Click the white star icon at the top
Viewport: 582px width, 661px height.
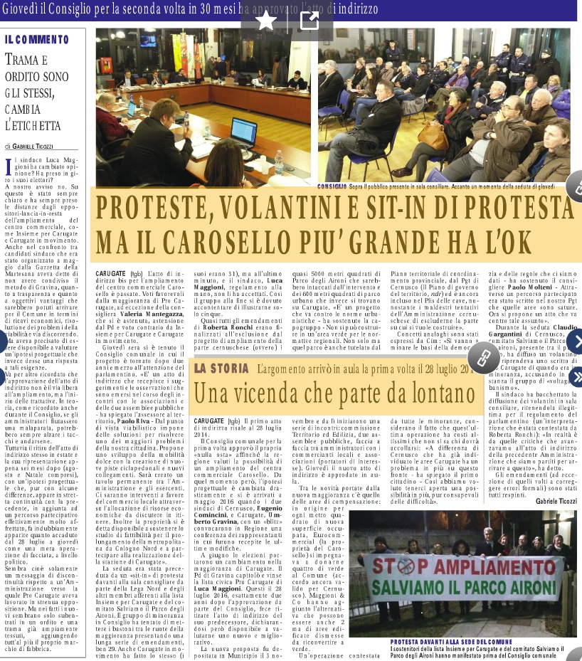click(x=266, y=21)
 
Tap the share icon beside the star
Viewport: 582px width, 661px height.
click(x=309, y=21)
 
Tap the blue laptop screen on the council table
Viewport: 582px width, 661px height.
click(x=262, y=129)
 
